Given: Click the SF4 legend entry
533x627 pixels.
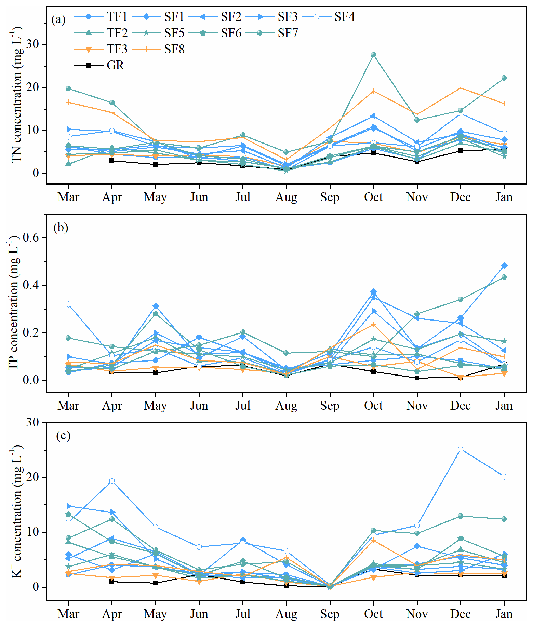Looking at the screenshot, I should (x=344, y=17).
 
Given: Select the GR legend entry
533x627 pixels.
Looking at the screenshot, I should (x=115, y=65).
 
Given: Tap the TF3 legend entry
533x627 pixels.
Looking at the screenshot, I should (x=117, y=49).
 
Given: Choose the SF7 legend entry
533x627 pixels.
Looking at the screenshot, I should (x=288, y=33).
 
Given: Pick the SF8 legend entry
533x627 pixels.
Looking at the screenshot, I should (x=174, y=49).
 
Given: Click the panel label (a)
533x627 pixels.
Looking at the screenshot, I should (x=58, y=19).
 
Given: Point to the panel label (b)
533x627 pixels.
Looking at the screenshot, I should (x=61, y=227).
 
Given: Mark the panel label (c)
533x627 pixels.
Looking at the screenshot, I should (x=63, y=436).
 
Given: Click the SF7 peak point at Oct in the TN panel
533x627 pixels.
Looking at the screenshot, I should (x=373, y=55).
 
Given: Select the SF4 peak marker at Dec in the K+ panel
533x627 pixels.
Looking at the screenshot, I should (x=461, y=449).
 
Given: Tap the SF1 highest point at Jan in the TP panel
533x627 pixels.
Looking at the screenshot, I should (x=504, y=265).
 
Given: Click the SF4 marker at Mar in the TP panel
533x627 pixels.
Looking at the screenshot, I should (x=68, y=304).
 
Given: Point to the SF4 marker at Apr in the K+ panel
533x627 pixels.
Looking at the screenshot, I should (x=112, y=481).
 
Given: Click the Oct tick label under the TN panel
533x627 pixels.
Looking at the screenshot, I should (x=373, y=197).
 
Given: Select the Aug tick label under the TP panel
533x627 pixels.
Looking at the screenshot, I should (x=286, y=406).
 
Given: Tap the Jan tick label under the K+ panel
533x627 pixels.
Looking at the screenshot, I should (x=504, y=614).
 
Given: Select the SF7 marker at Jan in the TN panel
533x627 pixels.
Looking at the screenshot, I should (x=504, y=78).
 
